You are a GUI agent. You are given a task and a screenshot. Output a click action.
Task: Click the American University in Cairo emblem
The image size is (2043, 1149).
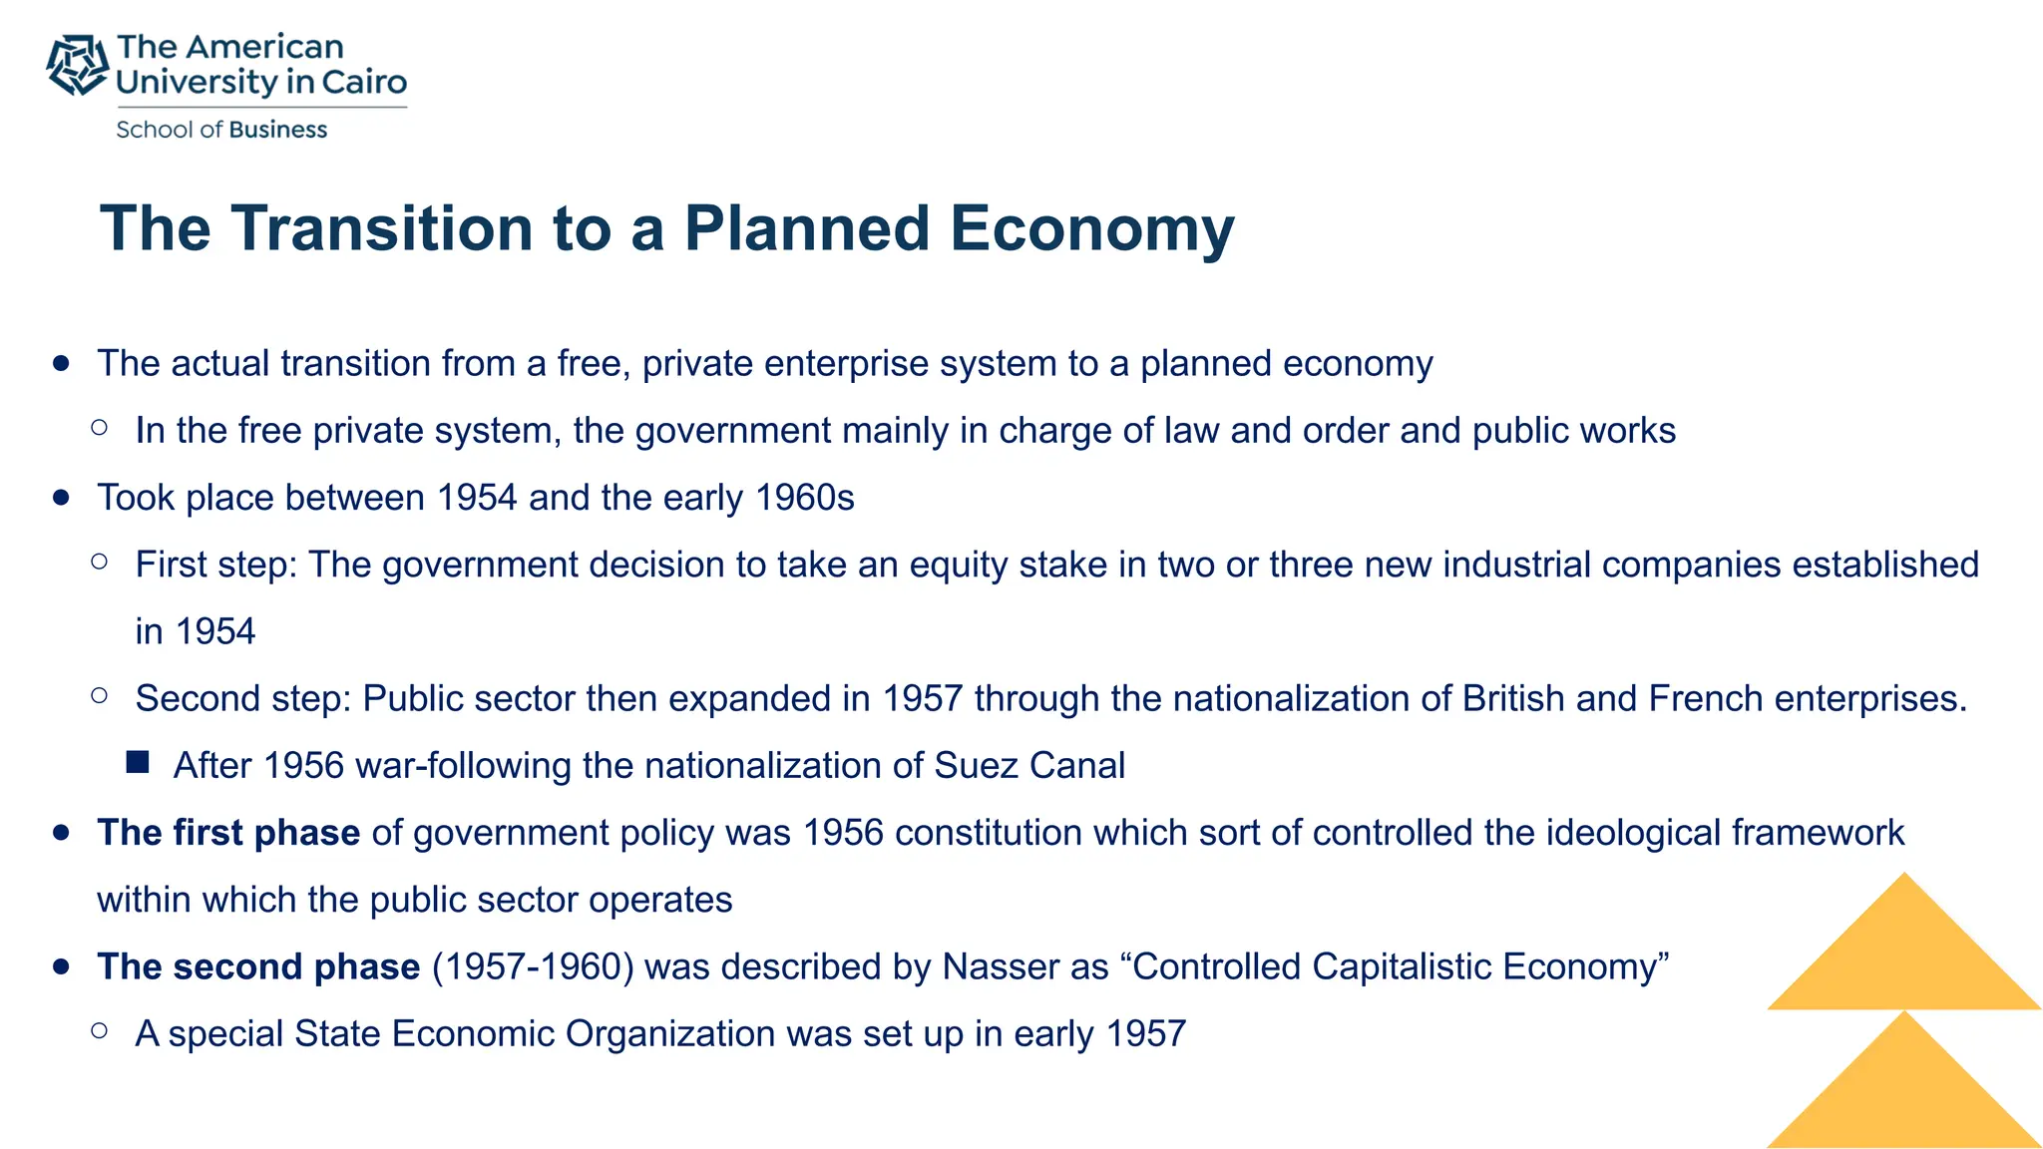pos(77,65)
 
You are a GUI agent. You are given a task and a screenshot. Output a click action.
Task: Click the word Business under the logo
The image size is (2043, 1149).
pos(277,130)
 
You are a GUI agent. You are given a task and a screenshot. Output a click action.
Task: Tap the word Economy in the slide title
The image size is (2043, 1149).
pos(1092,228)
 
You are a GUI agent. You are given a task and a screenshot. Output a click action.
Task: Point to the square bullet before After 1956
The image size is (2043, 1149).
pos(138,764)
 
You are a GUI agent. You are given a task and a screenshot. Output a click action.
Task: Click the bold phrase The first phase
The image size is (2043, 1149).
pos(228,833)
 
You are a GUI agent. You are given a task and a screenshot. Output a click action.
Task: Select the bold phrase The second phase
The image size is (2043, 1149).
pos(258,966)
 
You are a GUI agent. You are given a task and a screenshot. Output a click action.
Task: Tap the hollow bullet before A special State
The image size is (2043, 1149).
pos(99,1031)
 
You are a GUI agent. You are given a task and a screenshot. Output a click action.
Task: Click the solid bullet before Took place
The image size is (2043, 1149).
pos(62,498)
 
